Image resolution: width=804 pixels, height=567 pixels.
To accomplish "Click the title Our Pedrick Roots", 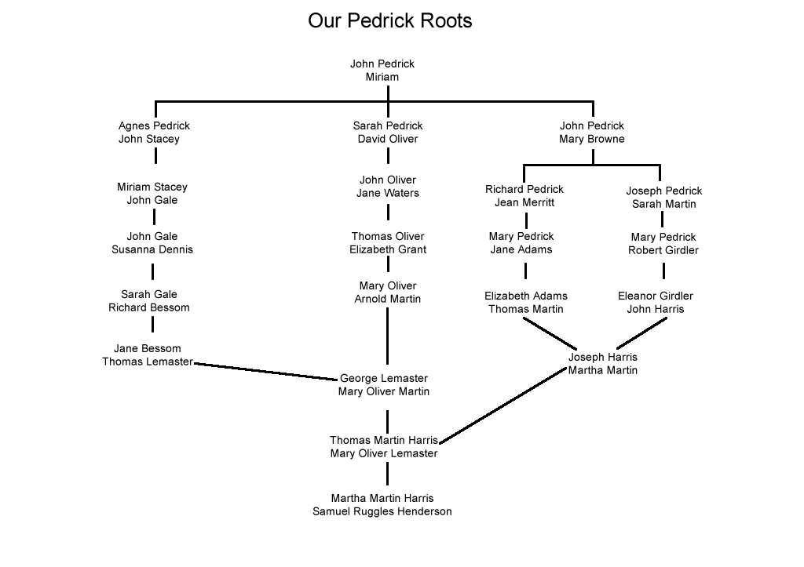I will [x=389, y=20].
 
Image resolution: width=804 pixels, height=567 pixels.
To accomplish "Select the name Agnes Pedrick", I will [x=154, y=125].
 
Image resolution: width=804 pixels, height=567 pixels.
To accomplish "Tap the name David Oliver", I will [x=388, y=139].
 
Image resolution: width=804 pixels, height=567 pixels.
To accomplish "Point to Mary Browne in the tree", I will [x=592, y=139].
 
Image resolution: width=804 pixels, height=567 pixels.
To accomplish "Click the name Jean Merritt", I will [x=524, y=202].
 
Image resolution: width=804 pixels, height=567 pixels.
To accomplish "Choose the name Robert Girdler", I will [x=663, y=250].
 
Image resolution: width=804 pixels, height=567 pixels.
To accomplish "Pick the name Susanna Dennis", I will [x=152, y=249].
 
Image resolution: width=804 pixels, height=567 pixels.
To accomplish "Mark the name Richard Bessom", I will [x=149, y=307].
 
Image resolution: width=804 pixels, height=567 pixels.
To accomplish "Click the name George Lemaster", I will [x=384, y=378].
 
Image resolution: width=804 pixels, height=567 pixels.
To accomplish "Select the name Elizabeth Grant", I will [x=388, y=249].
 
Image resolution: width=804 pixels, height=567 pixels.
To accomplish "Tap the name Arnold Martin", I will [x=388, y=299].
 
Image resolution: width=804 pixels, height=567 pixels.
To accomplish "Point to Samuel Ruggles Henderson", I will [x=382, y=511].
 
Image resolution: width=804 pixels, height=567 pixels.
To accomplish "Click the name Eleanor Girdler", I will [x=656, y=296].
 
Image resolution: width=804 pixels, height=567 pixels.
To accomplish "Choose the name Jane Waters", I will [x=388, y=193].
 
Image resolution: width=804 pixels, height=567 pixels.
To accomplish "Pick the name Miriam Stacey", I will [x=152, y=187].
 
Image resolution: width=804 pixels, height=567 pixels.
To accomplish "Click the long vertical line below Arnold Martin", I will [x=388, y=337].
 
